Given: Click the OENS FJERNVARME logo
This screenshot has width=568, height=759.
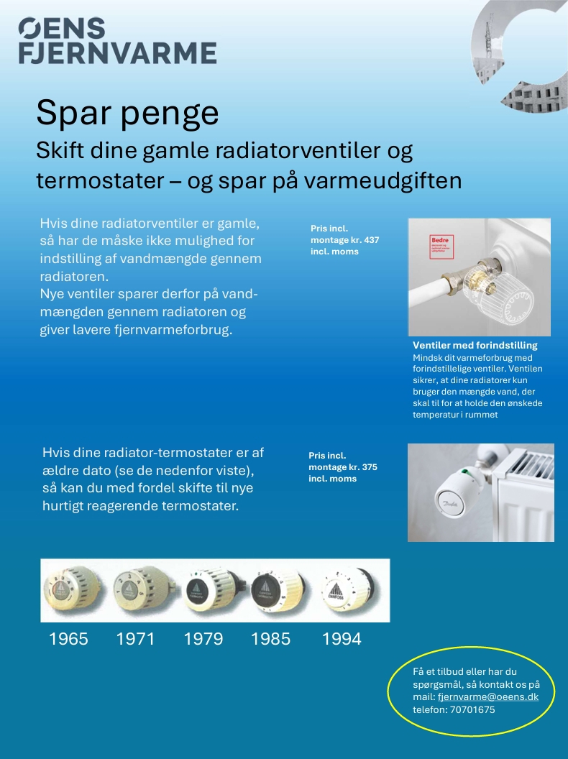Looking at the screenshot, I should point(117,42).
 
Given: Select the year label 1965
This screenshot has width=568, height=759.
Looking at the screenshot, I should point(68,639).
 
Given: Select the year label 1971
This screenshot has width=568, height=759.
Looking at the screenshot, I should point(135,639).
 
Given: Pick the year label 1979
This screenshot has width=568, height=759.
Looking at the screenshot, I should point(203,639).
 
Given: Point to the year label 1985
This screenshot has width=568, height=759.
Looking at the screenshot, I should point(270,639).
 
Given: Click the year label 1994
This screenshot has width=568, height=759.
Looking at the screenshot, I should point(342,639).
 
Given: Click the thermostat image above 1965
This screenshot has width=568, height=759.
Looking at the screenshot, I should point(73,590).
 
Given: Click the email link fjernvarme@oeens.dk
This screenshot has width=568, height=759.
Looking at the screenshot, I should point(487,697).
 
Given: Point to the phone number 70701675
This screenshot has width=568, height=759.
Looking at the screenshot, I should point(472,710).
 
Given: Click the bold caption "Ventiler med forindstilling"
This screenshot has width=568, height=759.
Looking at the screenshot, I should point(475,346).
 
